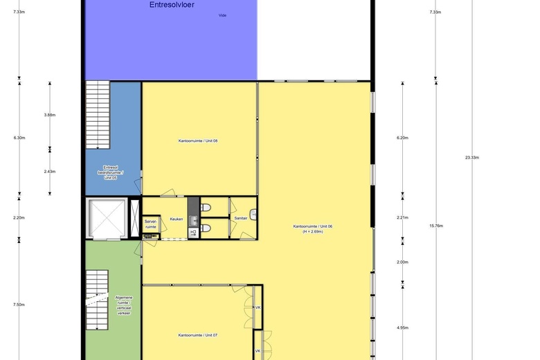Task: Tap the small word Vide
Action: (222, 15)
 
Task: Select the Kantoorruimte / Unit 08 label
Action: (198, 141)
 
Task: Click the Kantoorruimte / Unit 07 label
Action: (198, 335)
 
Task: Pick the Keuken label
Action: (176, 219)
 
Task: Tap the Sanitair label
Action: (241, 219)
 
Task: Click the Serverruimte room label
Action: (151, 224)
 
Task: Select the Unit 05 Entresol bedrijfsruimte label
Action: (111, 172)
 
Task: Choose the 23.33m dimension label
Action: (472, 158)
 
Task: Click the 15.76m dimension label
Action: (436, 226)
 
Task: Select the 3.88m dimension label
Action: (49, 115)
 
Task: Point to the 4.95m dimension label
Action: (402, 328)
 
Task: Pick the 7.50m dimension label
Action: (19, 305)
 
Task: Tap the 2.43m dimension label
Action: (49, 172)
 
